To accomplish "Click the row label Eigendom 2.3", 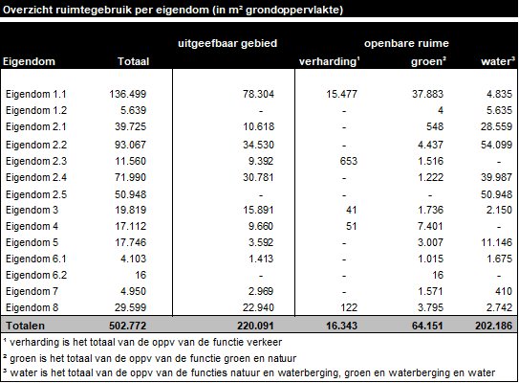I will pos(35,160).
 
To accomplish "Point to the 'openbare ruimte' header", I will pos(407,44).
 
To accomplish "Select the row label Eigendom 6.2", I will pos(35,274).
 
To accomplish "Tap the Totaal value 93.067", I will pos(135,144).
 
